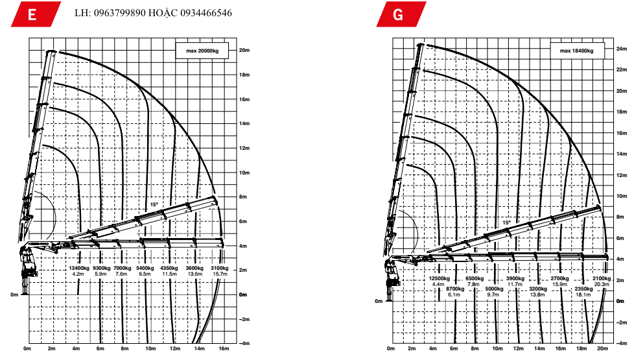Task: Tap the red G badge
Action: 399,14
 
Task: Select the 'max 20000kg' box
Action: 201,51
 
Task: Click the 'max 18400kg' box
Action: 576,51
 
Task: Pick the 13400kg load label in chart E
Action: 78,268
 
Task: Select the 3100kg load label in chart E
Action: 220,268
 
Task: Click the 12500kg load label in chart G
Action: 439,278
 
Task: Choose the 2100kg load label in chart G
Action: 602,278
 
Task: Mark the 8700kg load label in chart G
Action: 455,288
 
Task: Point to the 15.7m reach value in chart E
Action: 220,274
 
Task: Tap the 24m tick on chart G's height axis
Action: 621,48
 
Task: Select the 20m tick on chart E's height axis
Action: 244,50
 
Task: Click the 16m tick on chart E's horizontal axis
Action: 224,349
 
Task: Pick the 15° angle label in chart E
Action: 154,204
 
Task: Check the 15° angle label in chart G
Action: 506,222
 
